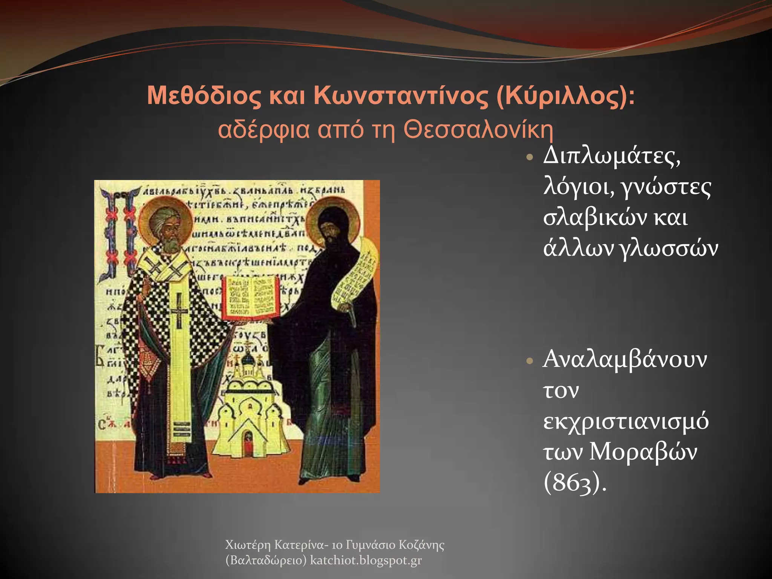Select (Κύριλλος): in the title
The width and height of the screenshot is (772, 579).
565,96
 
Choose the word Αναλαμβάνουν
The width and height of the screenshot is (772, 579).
625,359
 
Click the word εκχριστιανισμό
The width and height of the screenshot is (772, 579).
626,421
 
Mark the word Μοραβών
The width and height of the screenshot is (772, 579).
643,452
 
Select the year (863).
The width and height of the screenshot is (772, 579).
574,483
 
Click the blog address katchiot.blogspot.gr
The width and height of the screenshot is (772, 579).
366,561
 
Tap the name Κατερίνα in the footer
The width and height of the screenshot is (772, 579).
299,545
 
